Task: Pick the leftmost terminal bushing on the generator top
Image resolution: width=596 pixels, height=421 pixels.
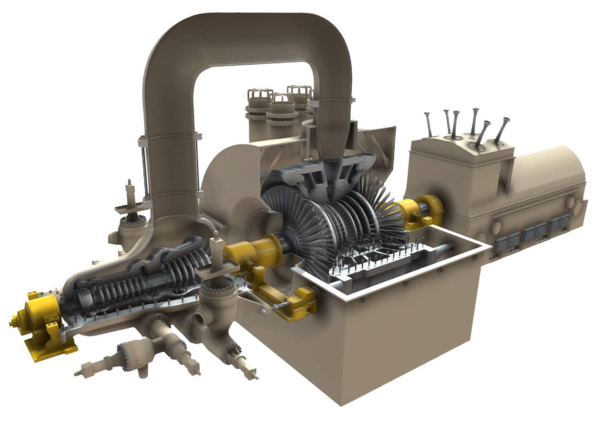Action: pos(429,122)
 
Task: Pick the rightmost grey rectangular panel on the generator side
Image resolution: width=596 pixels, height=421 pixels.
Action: pos(562,226)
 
